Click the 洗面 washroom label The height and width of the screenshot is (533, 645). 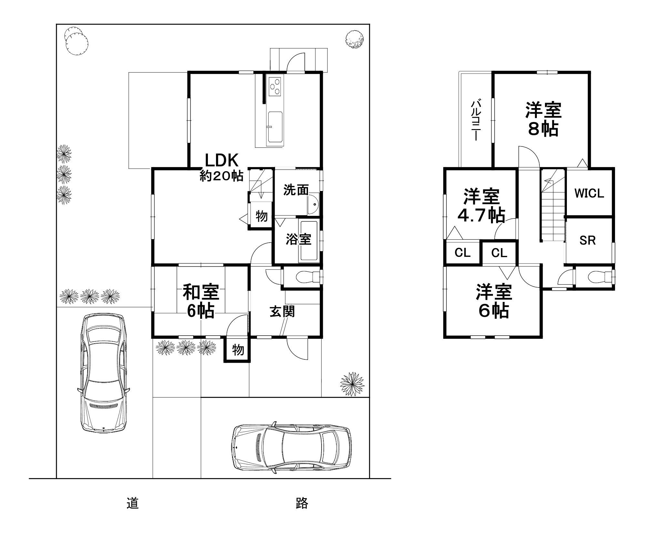click(296, 190)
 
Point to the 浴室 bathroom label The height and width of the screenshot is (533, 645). click(298, 239)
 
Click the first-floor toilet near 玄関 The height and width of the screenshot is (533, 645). click(306, 277)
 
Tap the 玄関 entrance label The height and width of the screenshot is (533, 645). click(282, 311)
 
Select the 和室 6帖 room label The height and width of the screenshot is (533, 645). click(201, 301)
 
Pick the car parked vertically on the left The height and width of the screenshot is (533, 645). click(103, 373)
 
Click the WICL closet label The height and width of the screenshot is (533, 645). click(589, 193)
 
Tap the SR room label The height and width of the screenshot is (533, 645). click(588, 240)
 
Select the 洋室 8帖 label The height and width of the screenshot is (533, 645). click(543, 119)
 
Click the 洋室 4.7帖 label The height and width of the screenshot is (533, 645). click(481, 206)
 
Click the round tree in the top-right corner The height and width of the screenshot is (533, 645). click(356, 40)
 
